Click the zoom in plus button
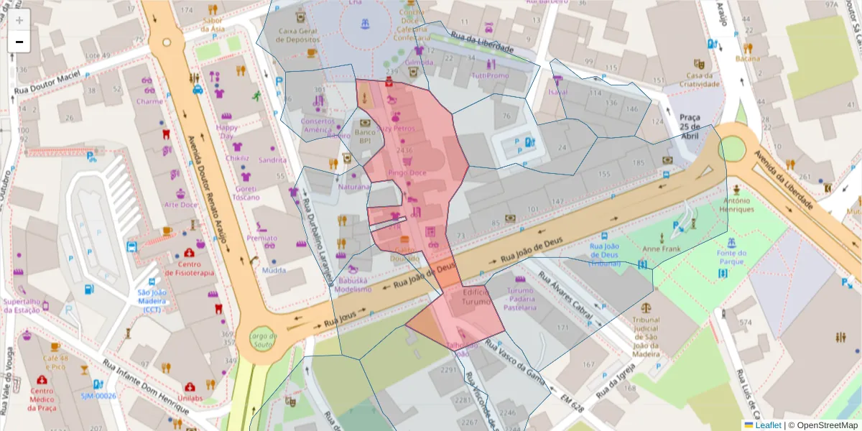point(19,20)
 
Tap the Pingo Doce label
point(407,173)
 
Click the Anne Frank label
point(661,249)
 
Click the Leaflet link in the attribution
point(767,425)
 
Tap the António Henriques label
point(738,205)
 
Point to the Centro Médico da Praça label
point(42,399)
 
